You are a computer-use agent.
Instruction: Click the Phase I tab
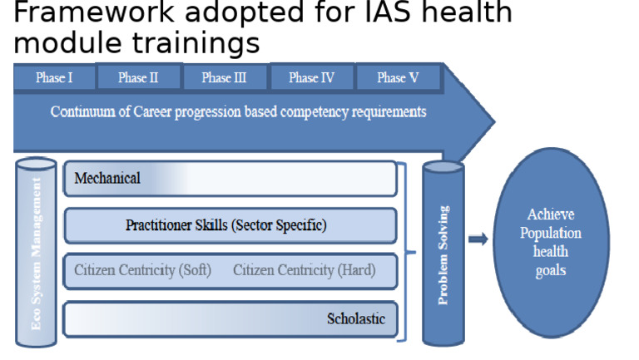[54, 78]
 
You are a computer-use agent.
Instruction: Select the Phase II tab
[138, 78]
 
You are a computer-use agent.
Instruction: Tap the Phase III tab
[225, 78]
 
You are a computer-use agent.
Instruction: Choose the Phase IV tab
[312, 78]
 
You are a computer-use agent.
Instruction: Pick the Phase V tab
[398, 78]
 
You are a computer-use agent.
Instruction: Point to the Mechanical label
[107, 178]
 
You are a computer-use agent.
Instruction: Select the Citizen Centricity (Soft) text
[142, 270]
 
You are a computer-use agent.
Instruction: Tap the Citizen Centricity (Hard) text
[304, 270]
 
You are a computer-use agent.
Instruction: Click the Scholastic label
[356, 319]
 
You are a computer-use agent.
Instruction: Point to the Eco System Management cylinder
[37, 252]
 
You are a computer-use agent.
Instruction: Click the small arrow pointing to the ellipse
[478, 239]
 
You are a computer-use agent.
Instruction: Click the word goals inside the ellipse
[551, 271]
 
